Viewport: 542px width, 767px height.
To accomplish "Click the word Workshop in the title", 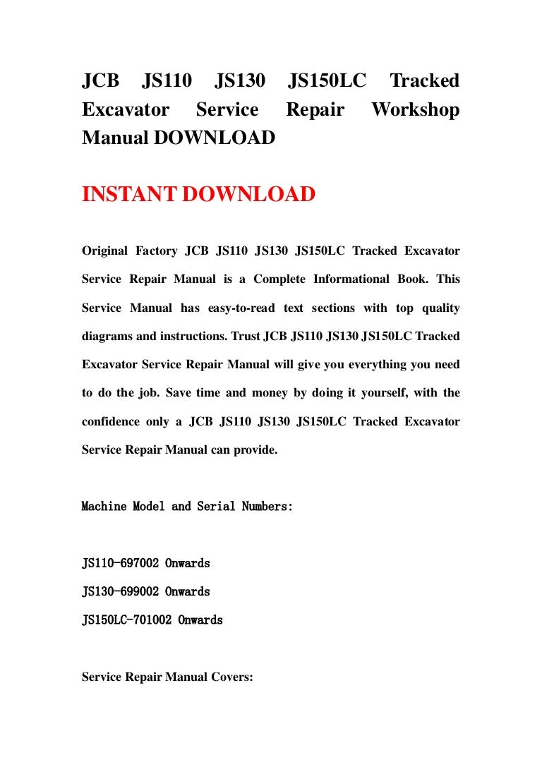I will tap(415, 110).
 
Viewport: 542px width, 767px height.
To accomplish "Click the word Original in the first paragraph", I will tap(105, 250).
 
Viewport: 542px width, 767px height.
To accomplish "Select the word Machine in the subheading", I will tap(104, 507).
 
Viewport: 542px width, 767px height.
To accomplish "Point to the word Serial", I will tap(215, 507).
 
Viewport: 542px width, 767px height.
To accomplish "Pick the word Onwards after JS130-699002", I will tap(188, 592).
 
